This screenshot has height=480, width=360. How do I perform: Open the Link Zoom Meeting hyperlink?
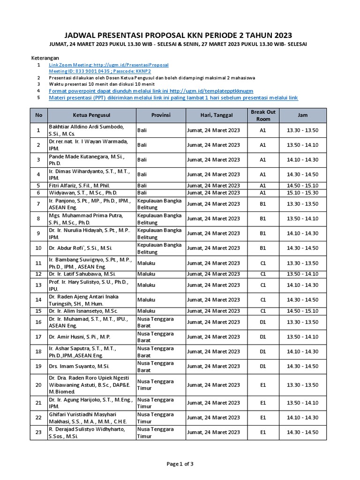[108, 65]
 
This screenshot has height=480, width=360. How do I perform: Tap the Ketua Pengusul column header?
[92, 115]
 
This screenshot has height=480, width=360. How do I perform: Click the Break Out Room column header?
[263, 115]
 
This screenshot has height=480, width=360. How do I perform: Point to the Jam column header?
[302, 115]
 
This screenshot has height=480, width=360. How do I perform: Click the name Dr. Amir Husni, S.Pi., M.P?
[80, 337]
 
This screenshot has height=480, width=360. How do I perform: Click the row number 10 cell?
[38, 248]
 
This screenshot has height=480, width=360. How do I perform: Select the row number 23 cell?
[38, 432]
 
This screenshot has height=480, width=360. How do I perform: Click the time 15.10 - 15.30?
[302, 193]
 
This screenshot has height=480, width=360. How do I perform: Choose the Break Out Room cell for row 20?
[263, 385]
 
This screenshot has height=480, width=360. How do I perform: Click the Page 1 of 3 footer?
[180, 464]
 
